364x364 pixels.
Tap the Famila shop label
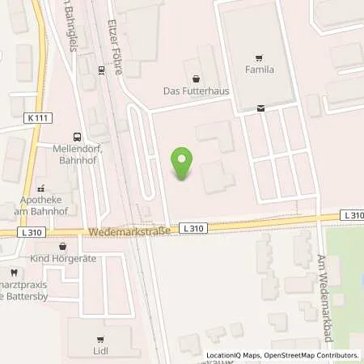259,70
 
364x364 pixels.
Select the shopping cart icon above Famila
259,57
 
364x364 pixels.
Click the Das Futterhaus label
196,91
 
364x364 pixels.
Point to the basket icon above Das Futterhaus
196,79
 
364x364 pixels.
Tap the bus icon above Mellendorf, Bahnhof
77,138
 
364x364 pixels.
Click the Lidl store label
99,352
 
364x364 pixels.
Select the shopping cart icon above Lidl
99,340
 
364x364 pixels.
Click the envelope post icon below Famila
260,108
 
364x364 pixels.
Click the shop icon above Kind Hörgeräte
61,245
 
